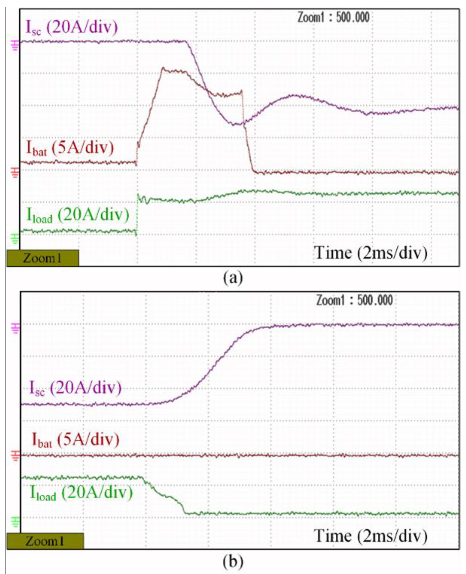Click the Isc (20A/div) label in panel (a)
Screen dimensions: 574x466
72,28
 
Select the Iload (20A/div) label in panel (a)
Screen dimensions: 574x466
78,215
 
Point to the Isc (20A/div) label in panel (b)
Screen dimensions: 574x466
75,388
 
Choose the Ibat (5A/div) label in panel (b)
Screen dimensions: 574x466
76,439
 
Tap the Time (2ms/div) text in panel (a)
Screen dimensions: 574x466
371,253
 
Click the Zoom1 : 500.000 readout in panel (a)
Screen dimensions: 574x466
333,18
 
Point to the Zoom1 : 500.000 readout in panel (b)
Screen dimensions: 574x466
354,300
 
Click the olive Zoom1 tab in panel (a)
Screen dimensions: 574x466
43,258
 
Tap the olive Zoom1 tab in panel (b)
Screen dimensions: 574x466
45,541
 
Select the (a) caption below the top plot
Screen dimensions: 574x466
233,278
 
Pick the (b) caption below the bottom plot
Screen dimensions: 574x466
233,562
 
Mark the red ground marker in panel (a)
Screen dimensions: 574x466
15,172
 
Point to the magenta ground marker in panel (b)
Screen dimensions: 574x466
15,328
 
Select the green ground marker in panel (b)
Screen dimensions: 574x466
15,522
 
